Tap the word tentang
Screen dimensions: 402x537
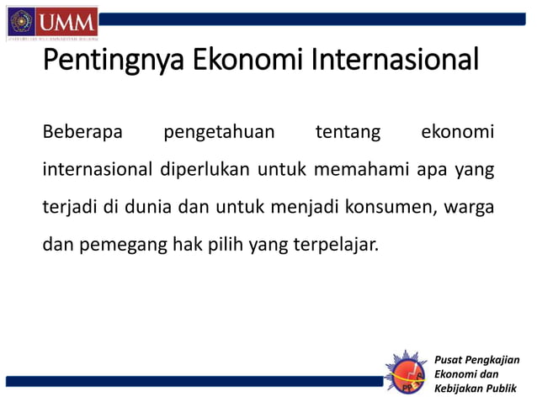(347, 133)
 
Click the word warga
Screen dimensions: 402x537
(471, 209)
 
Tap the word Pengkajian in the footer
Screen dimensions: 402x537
(491, 360)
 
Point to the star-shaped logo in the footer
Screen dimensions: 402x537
(407, 370)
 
